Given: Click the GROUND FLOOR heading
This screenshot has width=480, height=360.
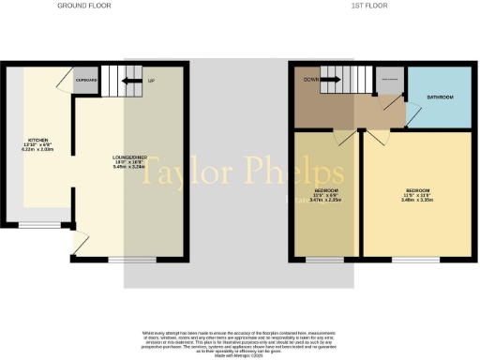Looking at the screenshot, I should click(x=84, y=6).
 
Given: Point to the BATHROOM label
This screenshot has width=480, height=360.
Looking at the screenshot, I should click(x=442, y=97).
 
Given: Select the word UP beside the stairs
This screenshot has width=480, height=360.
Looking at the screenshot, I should click(x=151, y=81).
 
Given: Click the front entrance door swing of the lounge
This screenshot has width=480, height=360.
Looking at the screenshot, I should click(x=80, y=243).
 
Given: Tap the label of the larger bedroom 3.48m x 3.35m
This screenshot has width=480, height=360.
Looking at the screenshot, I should click(x=415, y=195).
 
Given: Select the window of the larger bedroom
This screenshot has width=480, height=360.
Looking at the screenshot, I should click(x=409, y=259).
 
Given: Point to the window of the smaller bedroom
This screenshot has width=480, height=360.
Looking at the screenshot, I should click(x=326, y=259).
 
